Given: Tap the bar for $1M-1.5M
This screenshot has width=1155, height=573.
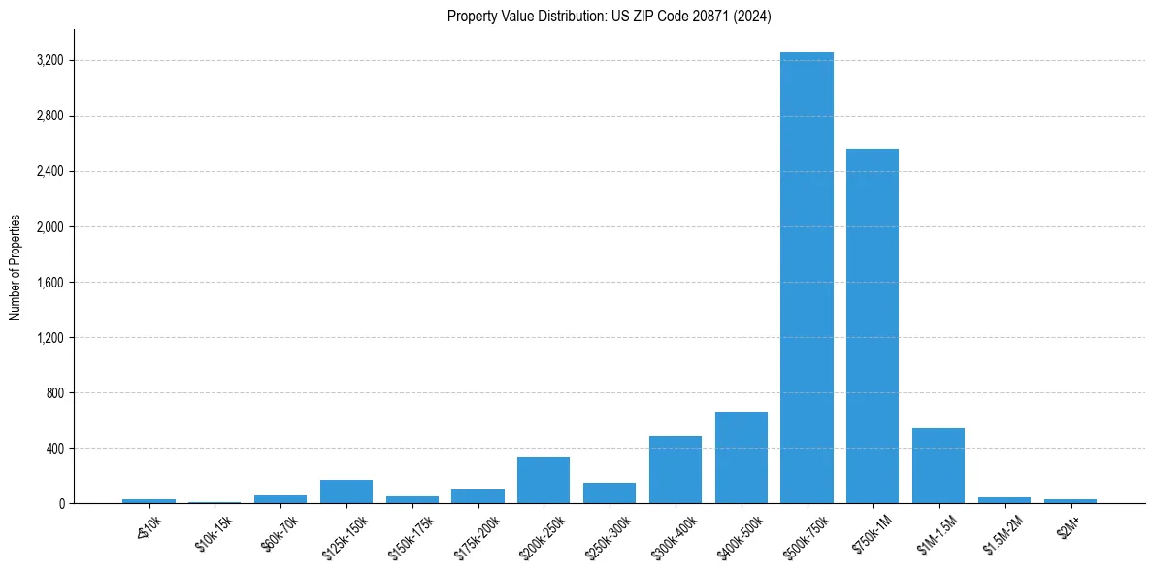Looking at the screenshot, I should tap(939, 466).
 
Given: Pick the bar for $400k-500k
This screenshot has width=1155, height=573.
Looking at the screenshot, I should tap(741, 457).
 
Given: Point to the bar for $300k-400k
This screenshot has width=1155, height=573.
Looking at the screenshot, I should tap(676, 470).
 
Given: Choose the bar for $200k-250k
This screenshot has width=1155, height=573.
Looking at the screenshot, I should tap(544, 481).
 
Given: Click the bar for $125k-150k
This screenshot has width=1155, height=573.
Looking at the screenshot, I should tap(346, 491).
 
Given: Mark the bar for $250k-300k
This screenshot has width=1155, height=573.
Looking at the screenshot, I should tap(610, 493).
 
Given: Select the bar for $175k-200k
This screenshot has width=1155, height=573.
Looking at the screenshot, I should tap(478, 496).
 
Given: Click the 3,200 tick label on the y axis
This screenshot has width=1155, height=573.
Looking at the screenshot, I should tap(49, 61).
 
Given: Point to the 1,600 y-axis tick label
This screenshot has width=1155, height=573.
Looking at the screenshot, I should tap(49, 283).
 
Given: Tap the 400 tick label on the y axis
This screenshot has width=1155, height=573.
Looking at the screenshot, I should tap(54, 449).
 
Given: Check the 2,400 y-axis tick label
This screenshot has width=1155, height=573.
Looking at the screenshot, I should tap(49, 172).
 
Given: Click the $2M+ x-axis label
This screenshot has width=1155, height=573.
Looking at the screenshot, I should tap(1069, 528).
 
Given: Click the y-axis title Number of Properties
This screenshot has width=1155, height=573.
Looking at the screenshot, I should tap(16, 267).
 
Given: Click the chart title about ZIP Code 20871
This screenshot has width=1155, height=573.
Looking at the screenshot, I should tap(610, 17).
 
